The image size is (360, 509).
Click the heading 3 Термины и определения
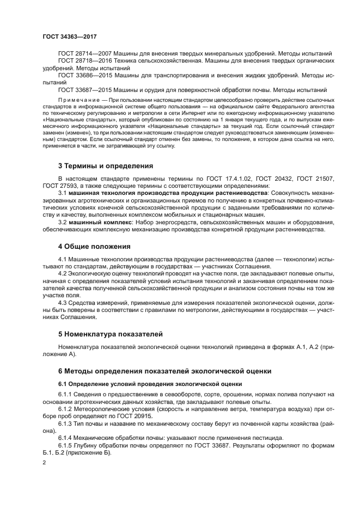click(x=105, y=165)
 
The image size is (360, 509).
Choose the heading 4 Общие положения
click(x=94, y=246)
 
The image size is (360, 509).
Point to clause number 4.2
click(x=63, y=274)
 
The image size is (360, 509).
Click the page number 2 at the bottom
click(x=44, y=462)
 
